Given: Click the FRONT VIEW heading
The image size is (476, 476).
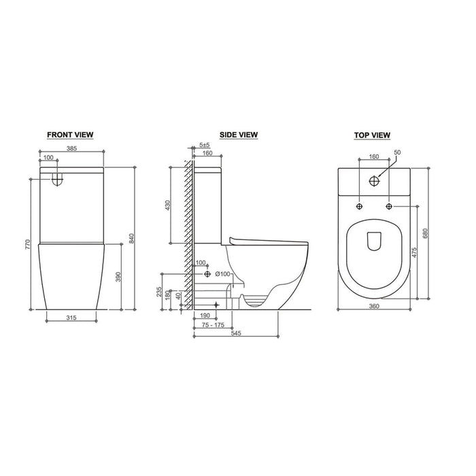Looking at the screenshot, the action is pos(70,135).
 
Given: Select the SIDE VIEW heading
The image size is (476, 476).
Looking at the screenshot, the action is pos(239,135).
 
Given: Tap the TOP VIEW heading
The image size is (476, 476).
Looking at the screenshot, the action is pos(372,135).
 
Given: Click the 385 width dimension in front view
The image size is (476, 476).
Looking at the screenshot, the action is pos(72,148).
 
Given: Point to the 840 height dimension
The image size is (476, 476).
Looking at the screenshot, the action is pos(131,238).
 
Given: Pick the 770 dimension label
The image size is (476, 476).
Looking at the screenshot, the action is pos(28,245).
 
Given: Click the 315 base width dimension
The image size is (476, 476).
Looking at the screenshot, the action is pos(71,318).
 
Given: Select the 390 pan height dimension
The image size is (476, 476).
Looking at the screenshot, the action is pos(118,277).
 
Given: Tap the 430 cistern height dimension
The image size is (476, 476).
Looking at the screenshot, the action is pos(167,205).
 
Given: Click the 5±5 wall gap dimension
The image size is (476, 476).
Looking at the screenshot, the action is pos(205,145).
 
